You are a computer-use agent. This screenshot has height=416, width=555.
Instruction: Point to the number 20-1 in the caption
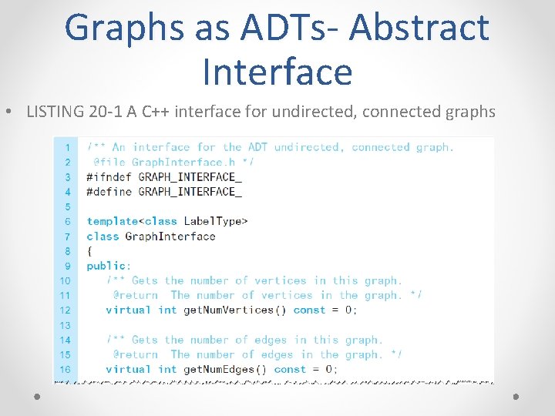coord(103,112)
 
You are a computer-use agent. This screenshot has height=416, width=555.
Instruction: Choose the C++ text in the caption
coord(148,112)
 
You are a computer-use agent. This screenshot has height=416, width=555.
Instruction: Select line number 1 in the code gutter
coord(67,147)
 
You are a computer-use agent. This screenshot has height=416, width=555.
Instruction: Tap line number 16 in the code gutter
coord(65,369)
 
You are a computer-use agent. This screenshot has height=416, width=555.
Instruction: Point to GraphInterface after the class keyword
coord(170,236)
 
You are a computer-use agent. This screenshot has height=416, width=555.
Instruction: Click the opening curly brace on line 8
coord(89,251)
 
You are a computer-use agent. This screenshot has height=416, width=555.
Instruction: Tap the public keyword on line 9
coord(107,266)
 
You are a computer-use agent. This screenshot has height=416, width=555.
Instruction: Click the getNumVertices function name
coord(228,310)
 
